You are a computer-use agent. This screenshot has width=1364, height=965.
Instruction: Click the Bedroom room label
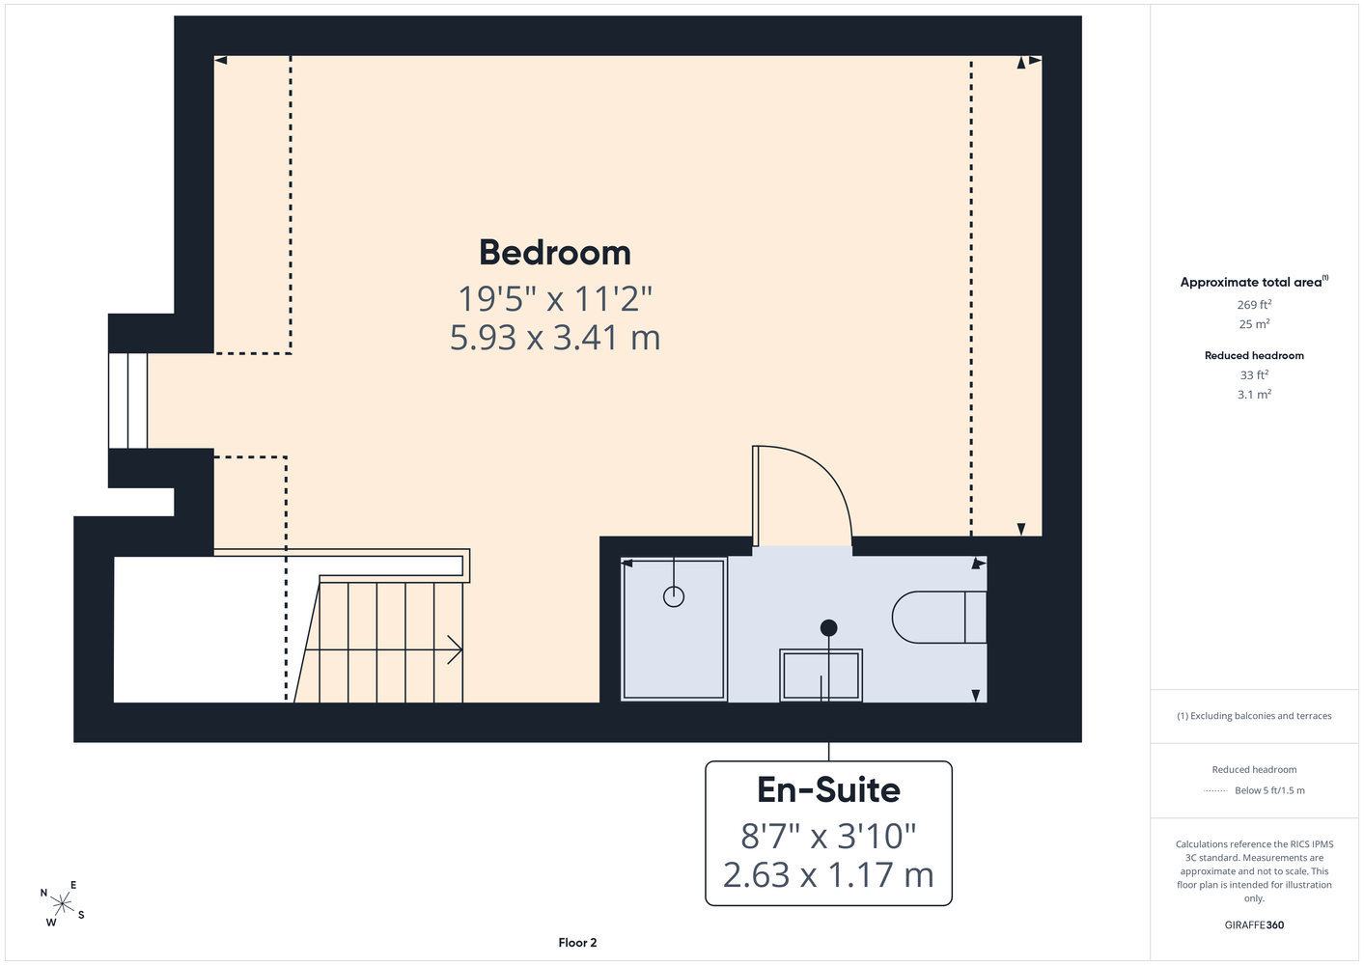pos(555,253)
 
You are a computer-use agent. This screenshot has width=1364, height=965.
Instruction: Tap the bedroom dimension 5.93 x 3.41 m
pos(555,338)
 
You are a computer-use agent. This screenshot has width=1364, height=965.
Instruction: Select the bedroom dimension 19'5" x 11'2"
pos(555,298)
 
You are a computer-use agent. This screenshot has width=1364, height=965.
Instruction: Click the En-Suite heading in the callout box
pos(828,789)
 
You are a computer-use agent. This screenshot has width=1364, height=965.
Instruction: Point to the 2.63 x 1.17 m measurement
pos(828,874)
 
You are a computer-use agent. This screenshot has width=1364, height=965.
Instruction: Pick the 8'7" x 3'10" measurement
pos(828,836)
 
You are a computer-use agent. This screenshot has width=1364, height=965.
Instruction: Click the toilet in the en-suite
pos(939,617)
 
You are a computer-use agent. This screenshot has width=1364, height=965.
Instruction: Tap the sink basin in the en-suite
pos(821,675)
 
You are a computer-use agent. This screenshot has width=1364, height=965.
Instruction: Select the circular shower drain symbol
pos(674,596)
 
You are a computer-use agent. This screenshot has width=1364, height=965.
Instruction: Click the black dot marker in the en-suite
pos(828,627)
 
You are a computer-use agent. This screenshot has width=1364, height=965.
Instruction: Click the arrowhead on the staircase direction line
pos(456,649)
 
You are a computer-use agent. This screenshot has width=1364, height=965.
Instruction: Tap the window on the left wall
pos(127,400)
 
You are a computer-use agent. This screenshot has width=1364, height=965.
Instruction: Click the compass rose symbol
pos(62,904)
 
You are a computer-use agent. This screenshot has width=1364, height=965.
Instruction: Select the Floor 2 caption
pos(577,943)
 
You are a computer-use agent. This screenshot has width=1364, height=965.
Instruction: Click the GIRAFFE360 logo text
pos(1254,924)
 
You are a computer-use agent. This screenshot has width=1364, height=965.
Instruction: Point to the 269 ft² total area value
pos(1254,304)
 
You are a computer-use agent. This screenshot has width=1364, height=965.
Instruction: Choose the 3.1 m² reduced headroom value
pos(1254,394)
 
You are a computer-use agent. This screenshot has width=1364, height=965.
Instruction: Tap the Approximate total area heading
pos(1254,282)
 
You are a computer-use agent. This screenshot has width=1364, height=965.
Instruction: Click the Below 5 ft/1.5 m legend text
pos(1269,790)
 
